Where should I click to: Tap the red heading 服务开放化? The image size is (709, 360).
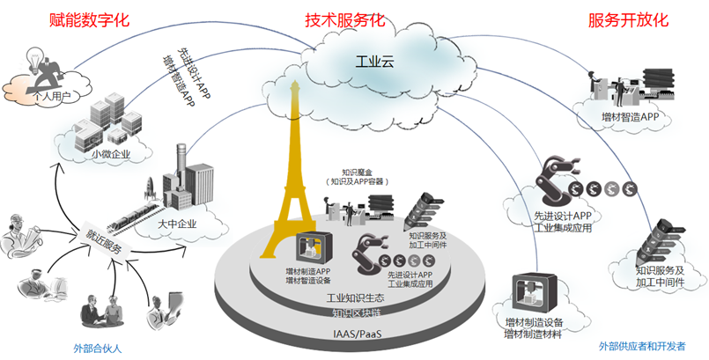click(628, 18)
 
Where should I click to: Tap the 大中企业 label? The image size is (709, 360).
click(177, 224)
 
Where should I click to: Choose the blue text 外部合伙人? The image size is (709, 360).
click(97, 349)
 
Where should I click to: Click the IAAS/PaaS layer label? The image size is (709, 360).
click(357, 334)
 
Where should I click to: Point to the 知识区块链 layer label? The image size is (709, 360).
click(356, 313)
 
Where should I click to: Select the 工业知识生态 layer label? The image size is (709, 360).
click(356, 298)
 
